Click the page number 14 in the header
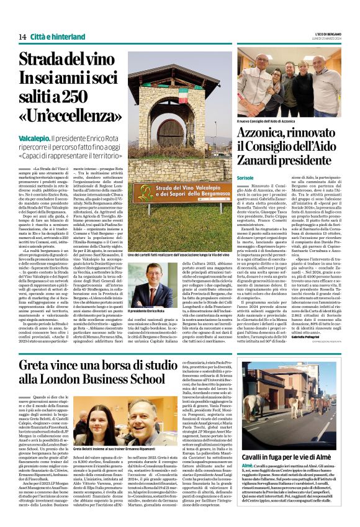pos(22,37)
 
